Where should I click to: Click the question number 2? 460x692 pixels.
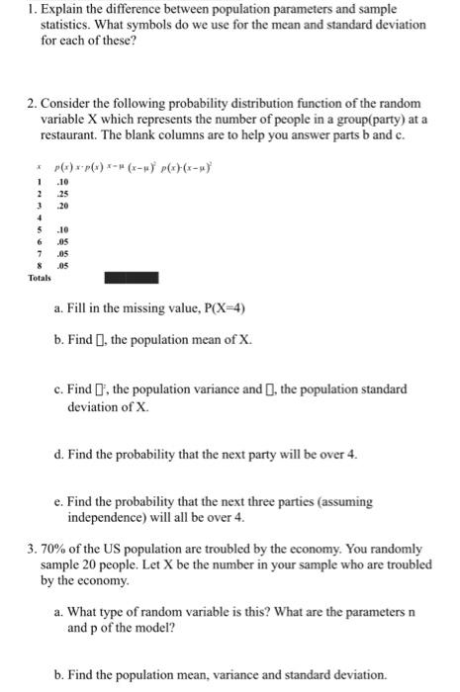tap(28, 104)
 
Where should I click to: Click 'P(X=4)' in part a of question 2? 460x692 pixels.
tap(219, 308)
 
